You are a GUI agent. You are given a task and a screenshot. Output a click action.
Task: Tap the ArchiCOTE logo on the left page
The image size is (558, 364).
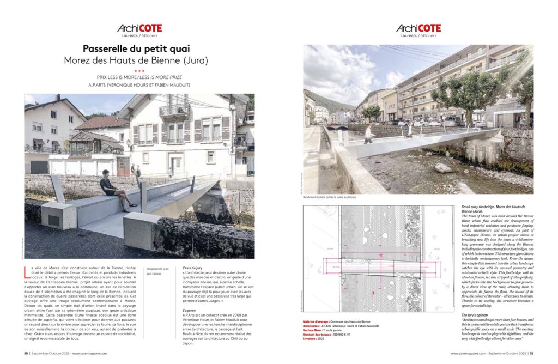[139, 28]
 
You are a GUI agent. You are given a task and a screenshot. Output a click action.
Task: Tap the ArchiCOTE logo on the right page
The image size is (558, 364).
[418, 28]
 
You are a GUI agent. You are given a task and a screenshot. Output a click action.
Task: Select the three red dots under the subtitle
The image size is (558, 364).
[139, 71]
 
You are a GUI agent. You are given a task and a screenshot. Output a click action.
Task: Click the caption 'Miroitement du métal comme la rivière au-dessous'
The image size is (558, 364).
[330, 197]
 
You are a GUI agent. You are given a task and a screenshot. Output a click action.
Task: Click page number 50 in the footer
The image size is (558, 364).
[26, 353]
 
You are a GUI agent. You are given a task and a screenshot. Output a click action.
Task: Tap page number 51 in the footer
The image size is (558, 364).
[531, 353]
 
